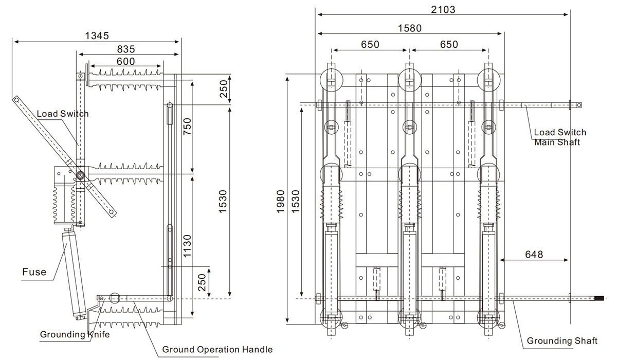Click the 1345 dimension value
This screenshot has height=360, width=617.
(97, 35)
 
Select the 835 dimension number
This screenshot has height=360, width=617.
(126, 49)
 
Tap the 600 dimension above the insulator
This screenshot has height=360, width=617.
(125, 61)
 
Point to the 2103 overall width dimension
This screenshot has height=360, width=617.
(443, 10)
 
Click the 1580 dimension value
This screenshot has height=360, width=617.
(410, 28)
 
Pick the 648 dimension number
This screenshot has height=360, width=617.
(534, 254)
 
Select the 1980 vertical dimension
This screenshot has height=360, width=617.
(280, 202)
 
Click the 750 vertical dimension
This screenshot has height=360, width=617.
(187, 126)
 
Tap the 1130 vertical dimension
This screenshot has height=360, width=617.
(187, 246)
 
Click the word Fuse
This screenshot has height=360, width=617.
(34, 272)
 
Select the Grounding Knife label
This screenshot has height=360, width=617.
(75, 334)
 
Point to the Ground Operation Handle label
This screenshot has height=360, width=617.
(217, 349)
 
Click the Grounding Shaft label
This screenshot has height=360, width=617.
(562, 341)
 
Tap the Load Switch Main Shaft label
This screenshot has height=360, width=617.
(560, 137)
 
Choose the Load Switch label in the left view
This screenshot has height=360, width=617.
(63, 114)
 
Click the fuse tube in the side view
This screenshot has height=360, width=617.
(74, 274)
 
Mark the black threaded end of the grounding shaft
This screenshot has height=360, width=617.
(600, 298)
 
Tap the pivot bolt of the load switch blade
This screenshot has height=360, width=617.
(81, 175)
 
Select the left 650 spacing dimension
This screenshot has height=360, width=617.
(370, 44)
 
